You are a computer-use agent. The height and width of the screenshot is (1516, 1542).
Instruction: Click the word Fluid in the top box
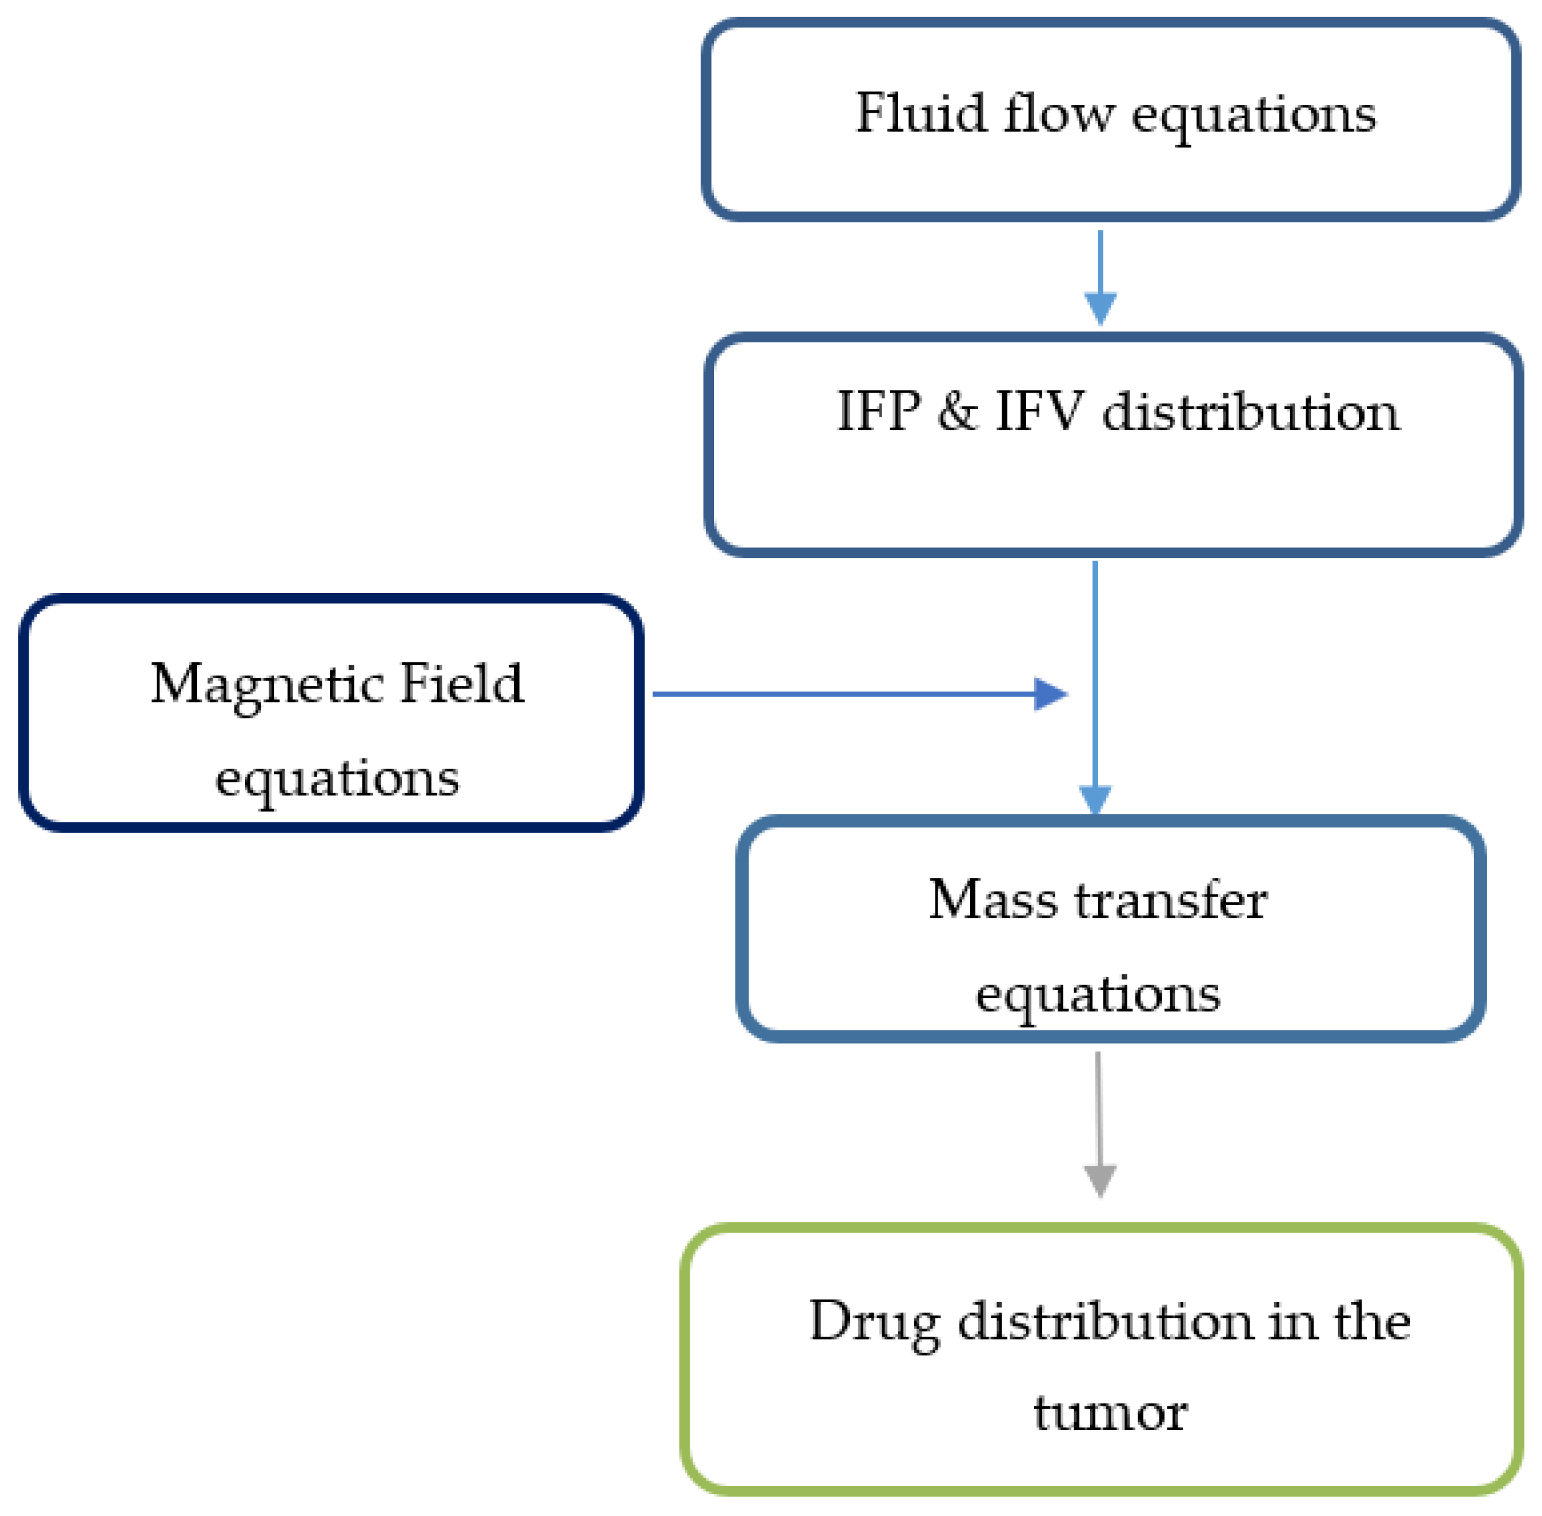point(920,113)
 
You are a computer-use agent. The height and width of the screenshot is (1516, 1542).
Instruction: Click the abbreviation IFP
point(878,412)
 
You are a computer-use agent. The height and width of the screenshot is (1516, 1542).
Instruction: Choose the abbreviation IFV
point(1039,412)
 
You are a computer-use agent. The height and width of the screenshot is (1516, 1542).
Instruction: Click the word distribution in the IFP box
point(1250,412)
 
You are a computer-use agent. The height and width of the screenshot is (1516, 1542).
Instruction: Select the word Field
point(461,683)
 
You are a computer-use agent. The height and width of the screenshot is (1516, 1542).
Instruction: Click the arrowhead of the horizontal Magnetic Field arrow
point(1049,693)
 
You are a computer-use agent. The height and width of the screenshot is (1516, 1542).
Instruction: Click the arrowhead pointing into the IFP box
point(1100,307)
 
